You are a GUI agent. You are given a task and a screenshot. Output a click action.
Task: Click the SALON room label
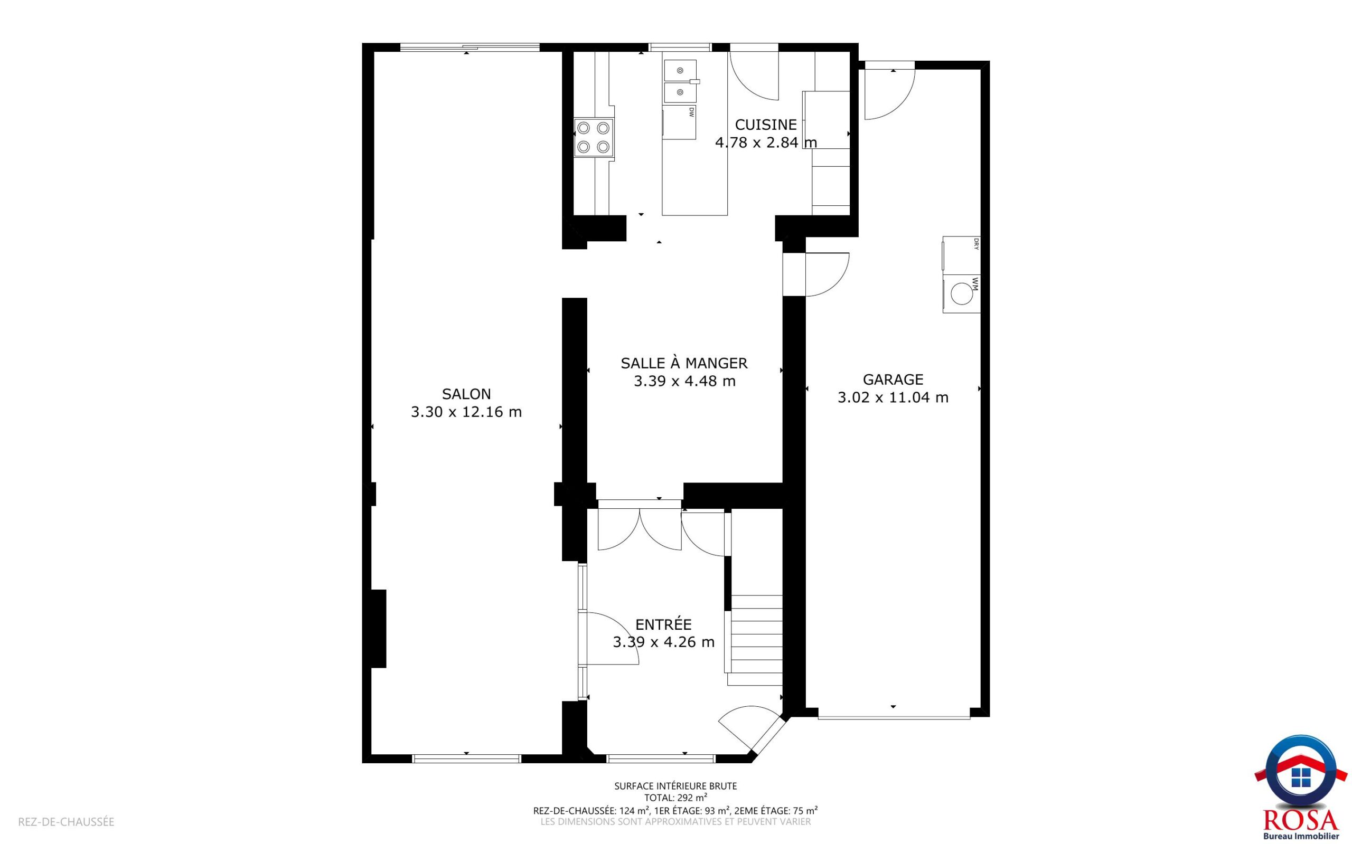466,394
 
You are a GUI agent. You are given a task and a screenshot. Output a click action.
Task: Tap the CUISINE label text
766,125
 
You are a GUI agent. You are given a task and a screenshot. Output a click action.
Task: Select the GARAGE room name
893,380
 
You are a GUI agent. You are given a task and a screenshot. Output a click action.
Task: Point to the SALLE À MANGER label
684,363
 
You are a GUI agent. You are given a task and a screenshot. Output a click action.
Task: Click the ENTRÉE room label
663,624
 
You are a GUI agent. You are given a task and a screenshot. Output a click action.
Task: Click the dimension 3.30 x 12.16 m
466,412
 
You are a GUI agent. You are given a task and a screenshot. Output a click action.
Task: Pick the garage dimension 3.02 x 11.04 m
893,397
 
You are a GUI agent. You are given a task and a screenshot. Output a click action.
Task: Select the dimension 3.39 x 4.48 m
684,381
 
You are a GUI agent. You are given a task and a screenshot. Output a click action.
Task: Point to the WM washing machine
962,294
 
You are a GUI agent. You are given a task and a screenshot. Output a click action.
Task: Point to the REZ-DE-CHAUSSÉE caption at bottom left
67,822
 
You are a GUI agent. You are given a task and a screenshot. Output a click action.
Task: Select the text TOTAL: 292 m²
675,798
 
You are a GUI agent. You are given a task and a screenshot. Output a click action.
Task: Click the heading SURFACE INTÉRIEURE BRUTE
675,786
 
